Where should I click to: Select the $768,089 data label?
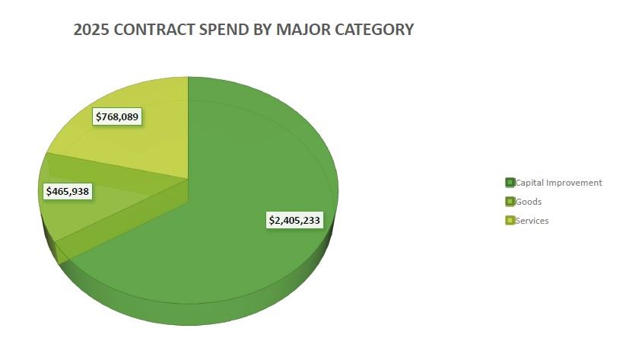tap(119, 116)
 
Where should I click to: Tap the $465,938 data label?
tap(67, 191)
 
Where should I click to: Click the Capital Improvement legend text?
tap(559, 183)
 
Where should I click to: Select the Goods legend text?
tap(528, 202)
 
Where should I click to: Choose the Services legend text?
tap(532, 221)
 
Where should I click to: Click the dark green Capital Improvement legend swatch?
tap(510, 183)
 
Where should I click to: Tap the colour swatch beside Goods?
tap(510, 202)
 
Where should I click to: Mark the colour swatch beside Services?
tap(510, 221)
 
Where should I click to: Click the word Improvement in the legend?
tap(576, 183)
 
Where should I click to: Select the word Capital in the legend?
tap(531, 183)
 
